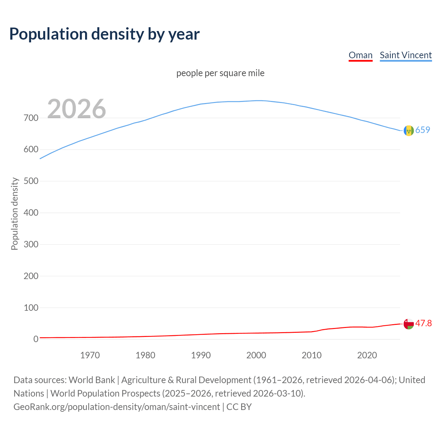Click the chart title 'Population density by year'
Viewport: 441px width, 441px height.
click(104, 34)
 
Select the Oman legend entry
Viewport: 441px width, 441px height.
click(360, 55)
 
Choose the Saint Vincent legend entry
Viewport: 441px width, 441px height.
click(406, 55)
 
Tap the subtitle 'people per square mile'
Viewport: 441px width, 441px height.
click(220, 73)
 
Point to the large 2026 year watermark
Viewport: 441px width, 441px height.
click(76, 109)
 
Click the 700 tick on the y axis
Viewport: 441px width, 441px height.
click(31, 118)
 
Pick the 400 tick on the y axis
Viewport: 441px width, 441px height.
click(31, 213)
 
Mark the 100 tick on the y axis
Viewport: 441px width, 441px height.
click(31, 308)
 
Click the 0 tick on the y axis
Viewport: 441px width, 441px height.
click(35, 339)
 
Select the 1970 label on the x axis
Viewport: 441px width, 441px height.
click(90, 355)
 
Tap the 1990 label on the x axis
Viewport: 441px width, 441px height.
click(201, 355)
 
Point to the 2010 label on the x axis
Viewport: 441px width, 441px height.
click(311, 355)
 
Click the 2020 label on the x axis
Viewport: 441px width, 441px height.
click(367, 355)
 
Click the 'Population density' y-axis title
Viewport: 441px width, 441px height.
click(14, 214)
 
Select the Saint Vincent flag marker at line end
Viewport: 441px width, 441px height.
click(409, 131)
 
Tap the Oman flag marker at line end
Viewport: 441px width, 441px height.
click(409, 324)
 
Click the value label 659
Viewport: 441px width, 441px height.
click(423, 130)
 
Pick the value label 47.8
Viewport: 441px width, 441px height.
click(423, 323)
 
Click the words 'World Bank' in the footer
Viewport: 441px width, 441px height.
click(92, 380)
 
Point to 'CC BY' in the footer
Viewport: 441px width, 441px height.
click(239, 407)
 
